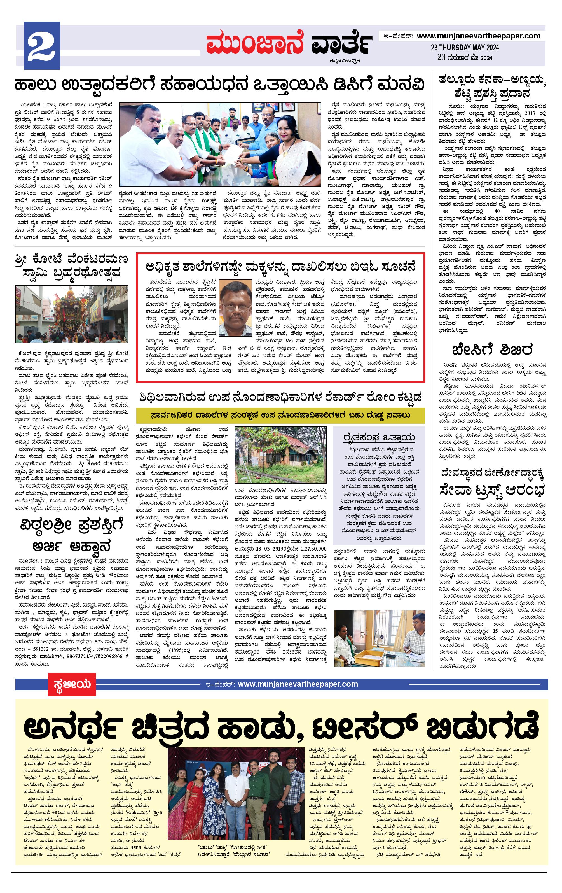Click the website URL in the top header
(478, 36)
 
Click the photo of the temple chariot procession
(72, 314)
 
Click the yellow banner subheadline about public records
(280, 415)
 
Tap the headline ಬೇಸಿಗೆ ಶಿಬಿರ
(492, 350)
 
